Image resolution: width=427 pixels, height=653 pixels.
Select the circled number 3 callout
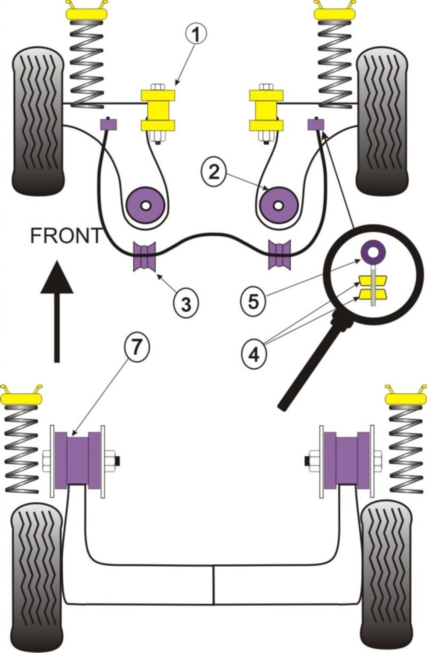(x=185, y=304)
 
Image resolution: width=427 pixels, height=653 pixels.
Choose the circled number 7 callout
(x=135, y=348)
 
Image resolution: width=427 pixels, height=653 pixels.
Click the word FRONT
(x=66, y=235)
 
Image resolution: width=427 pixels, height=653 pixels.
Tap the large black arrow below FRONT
(x=56, y=312)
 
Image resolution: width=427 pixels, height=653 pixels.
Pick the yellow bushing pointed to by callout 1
(x=158, y=109)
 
